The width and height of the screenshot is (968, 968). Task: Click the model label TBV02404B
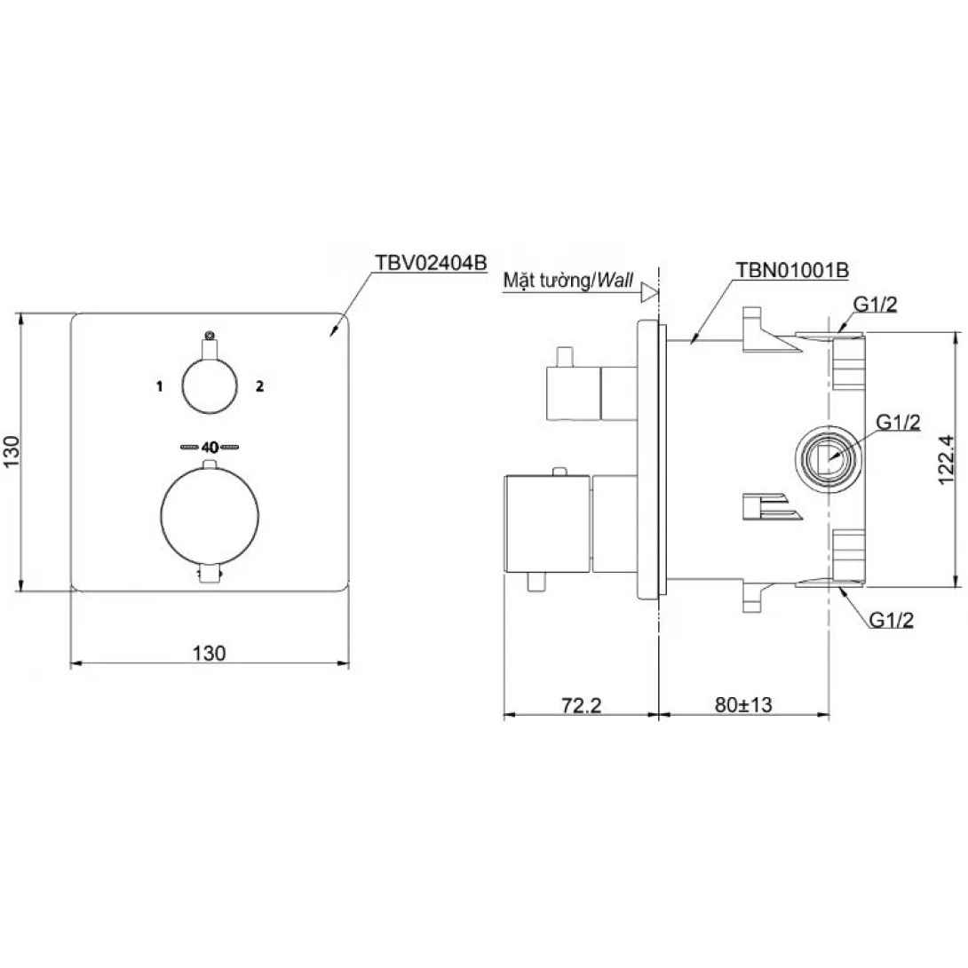pos(431,263)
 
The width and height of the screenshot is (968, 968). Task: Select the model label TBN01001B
pos(792,270)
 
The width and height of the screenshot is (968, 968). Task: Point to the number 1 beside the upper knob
pos(159,386)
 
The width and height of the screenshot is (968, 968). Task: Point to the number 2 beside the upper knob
pos(260,385)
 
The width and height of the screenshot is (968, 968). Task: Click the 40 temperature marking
pos(210,447)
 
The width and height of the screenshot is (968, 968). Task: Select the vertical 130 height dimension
pos(12,452)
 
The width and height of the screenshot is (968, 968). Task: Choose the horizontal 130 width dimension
pos(210,653)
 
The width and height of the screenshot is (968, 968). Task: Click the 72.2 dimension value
pos(581,704)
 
